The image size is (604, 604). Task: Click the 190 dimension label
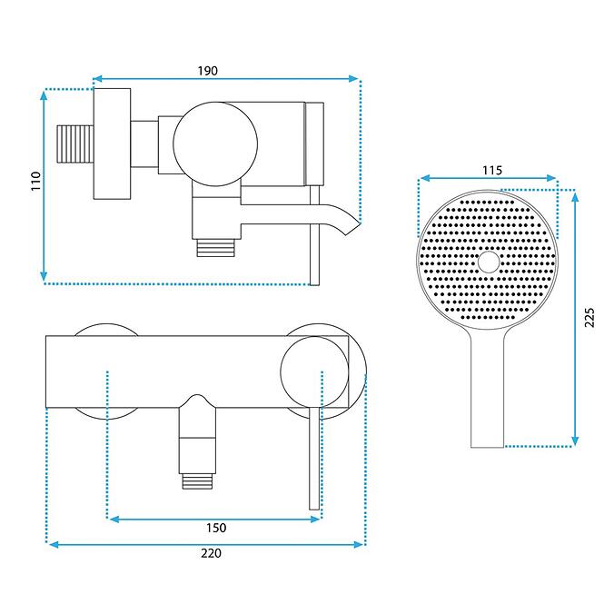208,71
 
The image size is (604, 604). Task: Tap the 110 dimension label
35,181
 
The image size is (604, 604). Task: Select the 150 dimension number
216,528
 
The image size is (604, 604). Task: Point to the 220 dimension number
211,553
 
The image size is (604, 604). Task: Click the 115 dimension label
492,170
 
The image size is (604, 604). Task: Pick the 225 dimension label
589,317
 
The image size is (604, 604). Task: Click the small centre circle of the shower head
489,262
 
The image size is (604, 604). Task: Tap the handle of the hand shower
487,389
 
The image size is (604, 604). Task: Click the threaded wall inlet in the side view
75,144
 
